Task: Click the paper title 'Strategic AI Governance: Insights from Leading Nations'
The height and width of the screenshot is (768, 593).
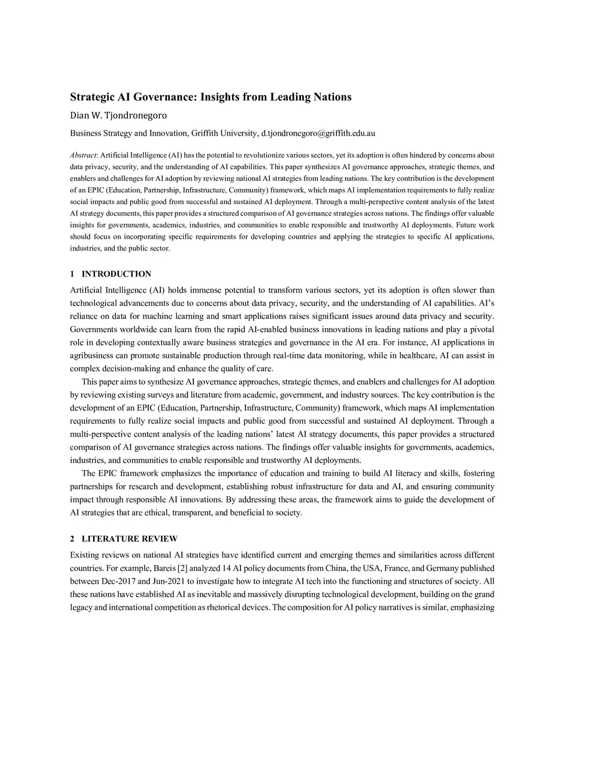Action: pyautogui.click(x=211, y=97)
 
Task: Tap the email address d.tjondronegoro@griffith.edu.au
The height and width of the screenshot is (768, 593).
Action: pyautogui.click(x=318, y=133)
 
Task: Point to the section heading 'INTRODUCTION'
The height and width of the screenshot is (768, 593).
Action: pyautogui.click(x=116, y=274)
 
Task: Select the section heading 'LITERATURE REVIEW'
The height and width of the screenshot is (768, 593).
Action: pyautogui.click(x=130, y=539)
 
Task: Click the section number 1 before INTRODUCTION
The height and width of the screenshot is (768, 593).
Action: pyautogui.click(x=72, y=274)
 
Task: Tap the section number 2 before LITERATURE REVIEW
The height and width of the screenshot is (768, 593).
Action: pyautogui.click(x=72, y=539)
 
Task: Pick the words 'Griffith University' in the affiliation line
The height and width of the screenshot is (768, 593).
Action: pyautogui.click(x=223, y=133)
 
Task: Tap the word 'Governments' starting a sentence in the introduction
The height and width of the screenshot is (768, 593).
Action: pyautogui.click(x=94, y=329)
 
